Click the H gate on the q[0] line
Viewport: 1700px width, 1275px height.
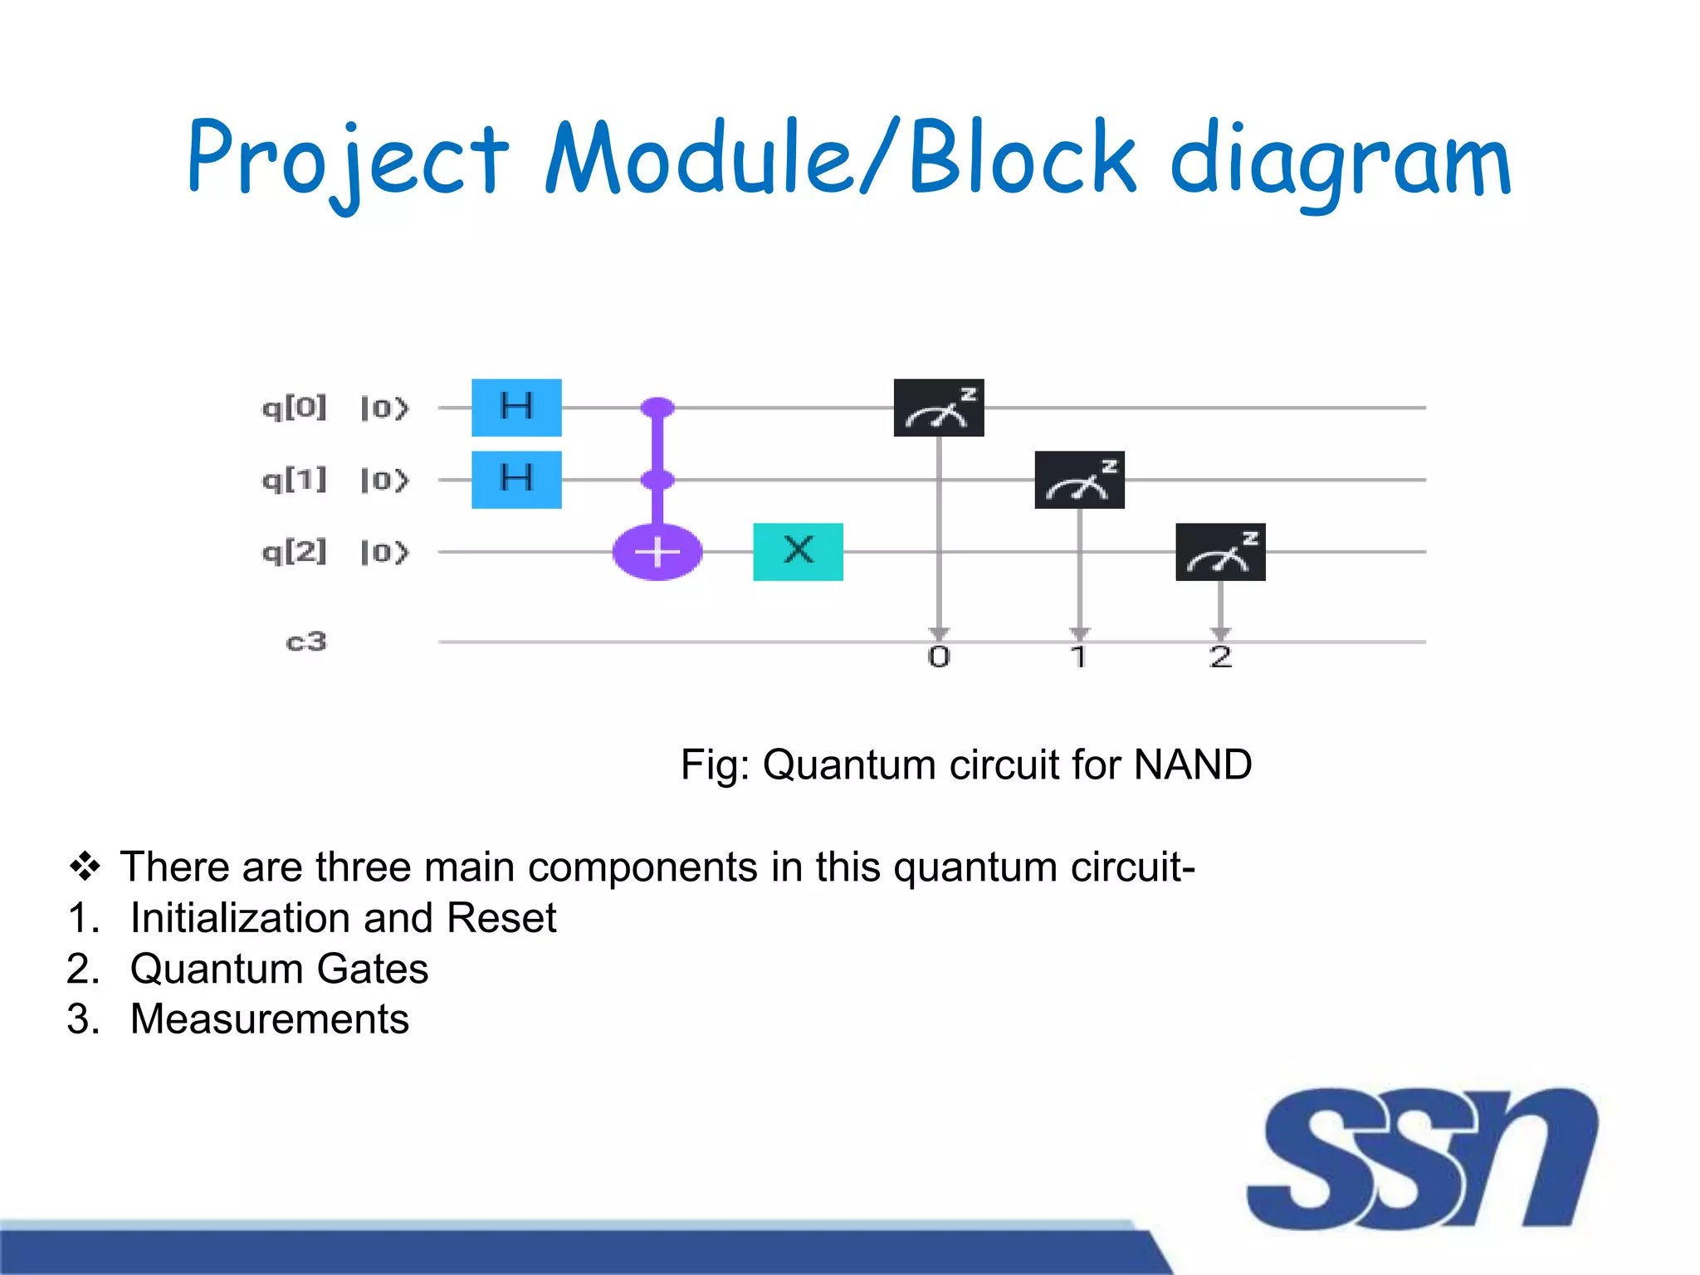point(516,408)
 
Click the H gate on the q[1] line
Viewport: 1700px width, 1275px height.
point(516,479)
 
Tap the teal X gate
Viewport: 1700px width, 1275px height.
point(798,551)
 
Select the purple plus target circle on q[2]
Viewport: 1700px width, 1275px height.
point(657,552)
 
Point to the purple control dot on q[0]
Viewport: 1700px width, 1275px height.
point(657,408)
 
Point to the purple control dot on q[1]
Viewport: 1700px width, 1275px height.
point(657,479)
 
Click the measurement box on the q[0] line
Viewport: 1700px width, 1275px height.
point(939,408)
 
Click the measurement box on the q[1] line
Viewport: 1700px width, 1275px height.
point(1079,480)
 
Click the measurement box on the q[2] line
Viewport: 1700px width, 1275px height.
point(1220,551)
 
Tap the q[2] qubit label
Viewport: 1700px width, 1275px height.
point(294,552)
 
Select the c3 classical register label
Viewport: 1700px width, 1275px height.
point(306,642)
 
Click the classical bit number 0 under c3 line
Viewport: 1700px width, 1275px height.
point(939,657)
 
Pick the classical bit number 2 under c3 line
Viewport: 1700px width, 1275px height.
point(1220,657)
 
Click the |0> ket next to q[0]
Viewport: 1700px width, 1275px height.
point(384,408)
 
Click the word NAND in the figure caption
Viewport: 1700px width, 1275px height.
point(1192,765)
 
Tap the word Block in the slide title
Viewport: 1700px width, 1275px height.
point(1022,158)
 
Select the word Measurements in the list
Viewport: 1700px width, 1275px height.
point(270,1019)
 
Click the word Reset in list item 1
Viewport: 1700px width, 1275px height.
point(501,918)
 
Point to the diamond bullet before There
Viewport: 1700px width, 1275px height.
point(85,867)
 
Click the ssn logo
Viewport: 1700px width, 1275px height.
point(1421,1158)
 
